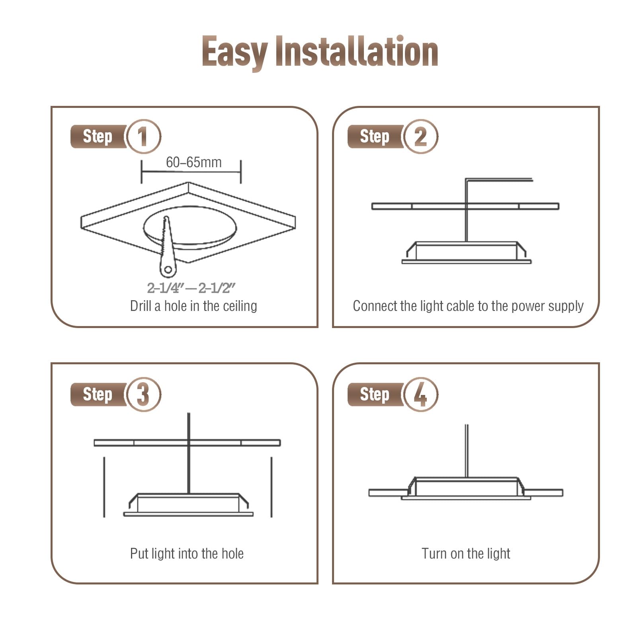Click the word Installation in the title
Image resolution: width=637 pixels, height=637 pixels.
[x=357, y=51]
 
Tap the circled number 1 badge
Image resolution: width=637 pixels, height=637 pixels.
[x=143, y=137]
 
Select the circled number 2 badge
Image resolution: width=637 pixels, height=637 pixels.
[x=420, y=137]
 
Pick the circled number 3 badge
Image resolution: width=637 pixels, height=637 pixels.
[x=143, y=394]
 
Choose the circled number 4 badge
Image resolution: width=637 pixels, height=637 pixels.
[x=420, y=394]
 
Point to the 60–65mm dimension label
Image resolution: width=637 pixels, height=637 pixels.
[x=194, y=162]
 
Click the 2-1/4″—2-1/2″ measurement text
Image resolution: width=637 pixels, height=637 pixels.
[x=191, y=288]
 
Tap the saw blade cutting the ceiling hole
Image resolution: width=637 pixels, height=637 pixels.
[x=167, y=247]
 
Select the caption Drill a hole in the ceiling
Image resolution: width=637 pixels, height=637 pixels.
[x=193, y=306]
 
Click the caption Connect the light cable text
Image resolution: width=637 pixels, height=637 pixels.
[x=468, y=306]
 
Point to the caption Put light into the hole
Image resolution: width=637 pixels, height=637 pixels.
[x=187, y=553]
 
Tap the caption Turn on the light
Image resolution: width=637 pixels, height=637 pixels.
[x=466, y=553]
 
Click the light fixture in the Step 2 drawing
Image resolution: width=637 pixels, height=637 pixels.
[x=466, y=252]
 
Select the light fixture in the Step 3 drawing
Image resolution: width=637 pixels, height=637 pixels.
[x=188, y=505]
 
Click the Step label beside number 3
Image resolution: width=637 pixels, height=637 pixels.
[x=98, y=394]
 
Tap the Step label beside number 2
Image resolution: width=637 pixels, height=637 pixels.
[x=375, y=137]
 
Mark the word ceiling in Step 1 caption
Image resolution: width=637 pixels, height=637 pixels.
[x=240, y=306]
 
